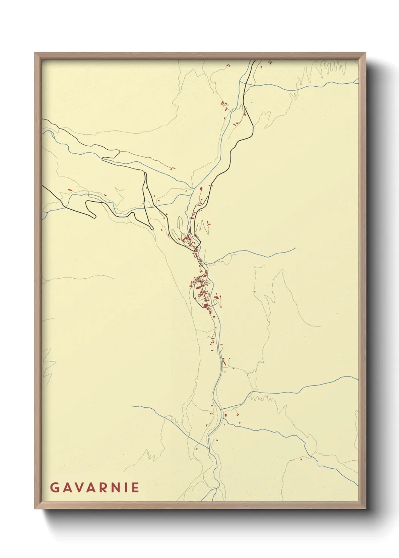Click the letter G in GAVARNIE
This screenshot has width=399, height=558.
[54, 487]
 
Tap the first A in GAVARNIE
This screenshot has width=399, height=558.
[66, 487]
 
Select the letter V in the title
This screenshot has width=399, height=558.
[77, 487]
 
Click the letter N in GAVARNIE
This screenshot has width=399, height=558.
[113, 487]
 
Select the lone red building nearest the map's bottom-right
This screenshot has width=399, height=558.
[301, 459]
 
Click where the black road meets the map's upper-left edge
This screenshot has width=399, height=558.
[43, 120]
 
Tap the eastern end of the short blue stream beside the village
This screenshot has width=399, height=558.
[295, 248]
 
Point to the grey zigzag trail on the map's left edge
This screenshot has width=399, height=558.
[47, 364]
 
